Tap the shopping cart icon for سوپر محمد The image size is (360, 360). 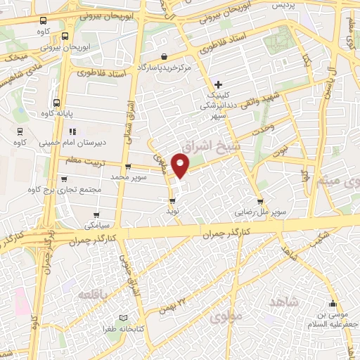tap(128, 167)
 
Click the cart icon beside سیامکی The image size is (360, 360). tap(96, 215)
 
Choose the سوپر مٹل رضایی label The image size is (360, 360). tap(259, 211)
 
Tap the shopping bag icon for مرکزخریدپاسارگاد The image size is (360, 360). tap(164, 56)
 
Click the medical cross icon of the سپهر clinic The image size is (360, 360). tap(219, 85)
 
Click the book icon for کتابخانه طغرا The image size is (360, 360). tap(124, 319)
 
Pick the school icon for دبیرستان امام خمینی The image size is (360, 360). tap(72, 131)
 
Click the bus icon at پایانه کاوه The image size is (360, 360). tap(57, 102)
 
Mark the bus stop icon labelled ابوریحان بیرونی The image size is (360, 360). tap(65, 37)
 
